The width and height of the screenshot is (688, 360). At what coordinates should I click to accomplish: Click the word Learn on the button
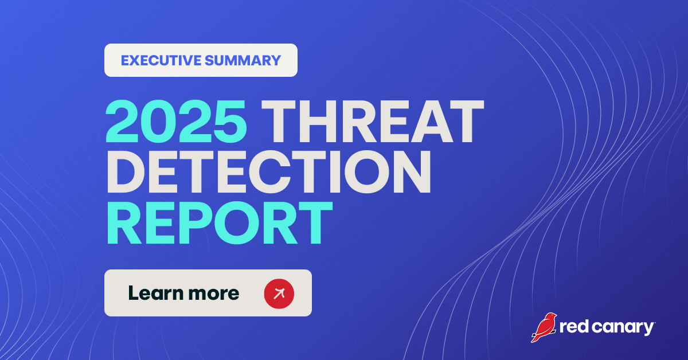tap(151, 293)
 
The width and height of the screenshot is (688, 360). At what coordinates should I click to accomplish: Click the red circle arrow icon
tap(279, 293)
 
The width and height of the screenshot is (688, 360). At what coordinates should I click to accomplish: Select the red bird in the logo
tap(543, 327)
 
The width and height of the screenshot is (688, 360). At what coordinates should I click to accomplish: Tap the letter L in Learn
tap(133, 293)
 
